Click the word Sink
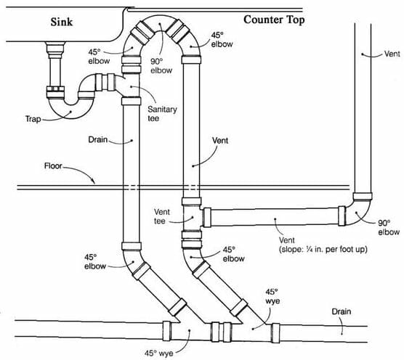pos(61,22)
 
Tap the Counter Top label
pos(274,20)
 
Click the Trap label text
pos(33,119)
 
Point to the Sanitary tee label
pos(162,114)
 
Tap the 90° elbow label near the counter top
pos(161,66)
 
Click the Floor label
pos(53,165)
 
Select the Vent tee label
pos(162,216)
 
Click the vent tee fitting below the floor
pos(192,218)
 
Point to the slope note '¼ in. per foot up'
pos(323,250)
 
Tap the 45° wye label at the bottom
pos(158,353)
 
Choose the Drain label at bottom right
pos(341,311)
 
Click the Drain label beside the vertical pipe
pos(97,140)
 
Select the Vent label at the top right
pos(392,54)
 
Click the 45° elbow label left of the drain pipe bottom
pos(95,262)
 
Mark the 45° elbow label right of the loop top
pos(222,40)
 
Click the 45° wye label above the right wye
pos(272,296)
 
